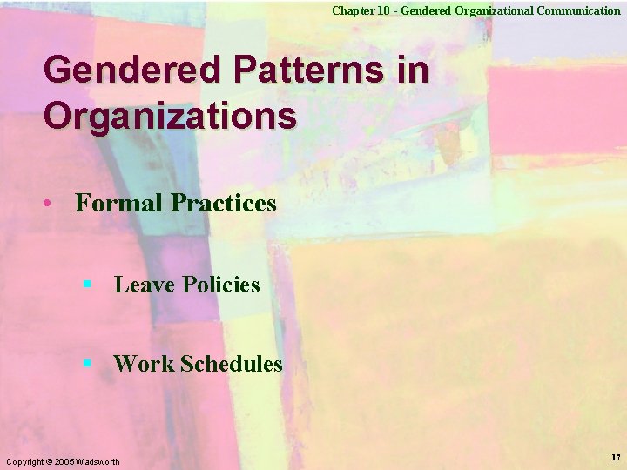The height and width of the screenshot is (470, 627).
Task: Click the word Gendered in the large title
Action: coord(121,70)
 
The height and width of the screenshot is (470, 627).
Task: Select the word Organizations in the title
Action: coord(170,115)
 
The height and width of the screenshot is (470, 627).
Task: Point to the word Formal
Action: coord(119,203)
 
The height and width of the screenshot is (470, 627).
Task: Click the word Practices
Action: coord(224,203)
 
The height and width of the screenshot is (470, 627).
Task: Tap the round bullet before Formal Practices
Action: coord(55,203)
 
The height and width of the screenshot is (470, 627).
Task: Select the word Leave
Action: coord(145,285)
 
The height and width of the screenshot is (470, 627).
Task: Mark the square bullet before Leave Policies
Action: coord(87,284)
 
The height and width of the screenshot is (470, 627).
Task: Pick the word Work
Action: coord(144,364)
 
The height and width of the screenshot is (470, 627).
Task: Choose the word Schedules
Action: coord(232,364)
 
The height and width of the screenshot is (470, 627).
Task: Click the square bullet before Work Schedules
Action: coord(87,363)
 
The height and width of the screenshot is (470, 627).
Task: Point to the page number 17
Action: coord(616,457)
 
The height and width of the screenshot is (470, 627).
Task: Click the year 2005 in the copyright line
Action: coord(64,460)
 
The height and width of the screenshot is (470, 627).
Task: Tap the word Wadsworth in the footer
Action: coord(98,460)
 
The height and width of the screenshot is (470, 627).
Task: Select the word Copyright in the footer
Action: coord(24,460)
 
